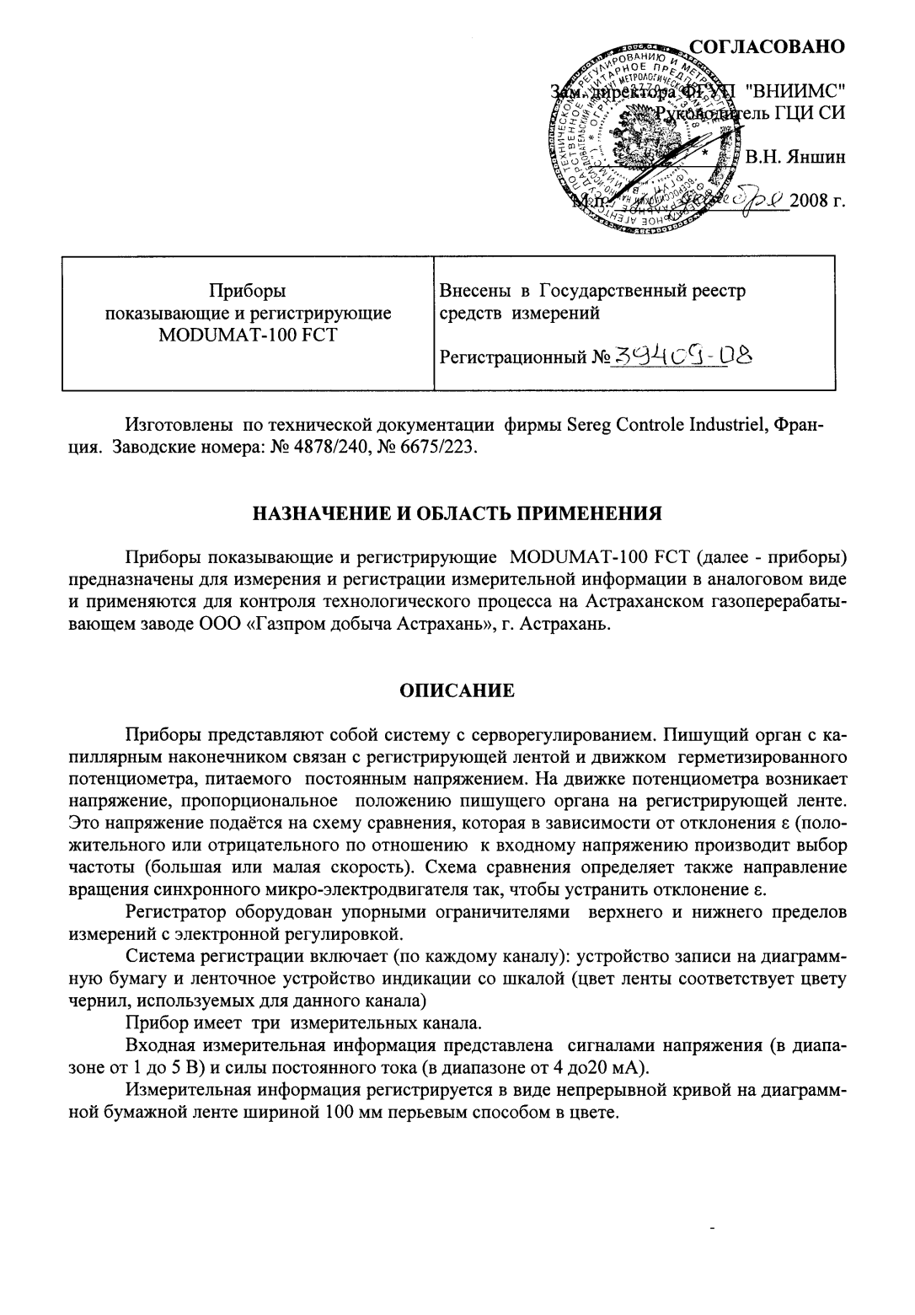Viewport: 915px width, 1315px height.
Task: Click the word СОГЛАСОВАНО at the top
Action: point(766,46)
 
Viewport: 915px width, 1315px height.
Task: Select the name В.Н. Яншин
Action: point(795,157)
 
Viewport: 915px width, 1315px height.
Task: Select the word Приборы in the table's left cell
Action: point(247,292)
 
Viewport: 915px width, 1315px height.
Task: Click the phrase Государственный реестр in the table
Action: point(642,292)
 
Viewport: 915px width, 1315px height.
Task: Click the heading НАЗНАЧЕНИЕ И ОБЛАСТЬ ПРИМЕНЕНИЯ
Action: point(457,513)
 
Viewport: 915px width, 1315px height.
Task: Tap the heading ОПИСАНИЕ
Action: point(457,691)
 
